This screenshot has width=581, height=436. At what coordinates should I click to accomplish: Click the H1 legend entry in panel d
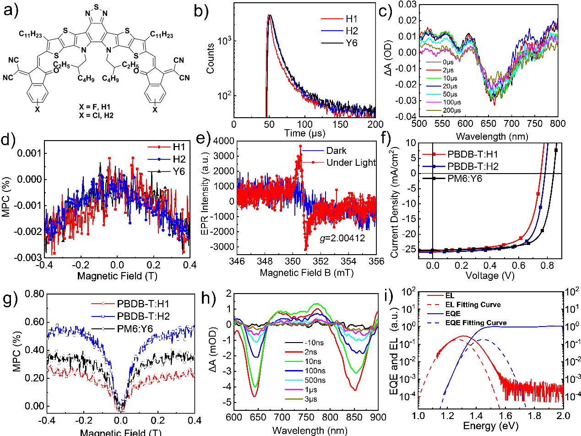tap(172, 147)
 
